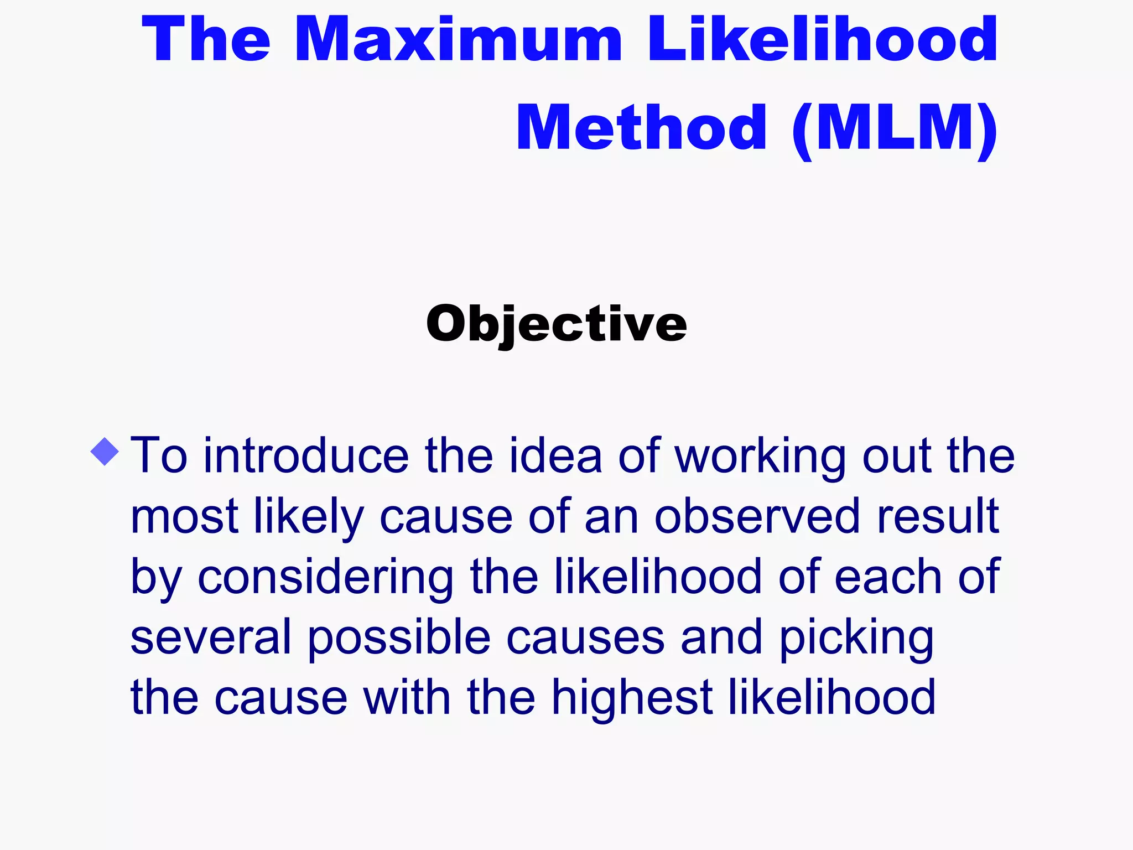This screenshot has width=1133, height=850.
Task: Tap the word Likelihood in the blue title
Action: (x=822, y=40)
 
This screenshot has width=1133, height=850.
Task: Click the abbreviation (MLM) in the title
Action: (x=895, y=128)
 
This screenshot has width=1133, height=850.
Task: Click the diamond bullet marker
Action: (x=105, y=452)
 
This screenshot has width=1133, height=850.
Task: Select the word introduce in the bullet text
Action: (x=306, y=456)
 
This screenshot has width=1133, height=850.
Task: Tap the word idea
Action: (x=555, y=456)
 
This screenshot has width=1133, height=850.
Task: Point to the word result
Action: (x=938, y=517)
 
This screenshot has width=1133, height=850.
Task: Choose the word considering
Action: (x=326, y=578)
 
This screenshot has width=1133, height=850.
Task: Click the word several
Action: (x=211, y=637)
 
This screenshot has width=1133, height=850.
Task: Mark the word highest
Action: (x=632, y=698)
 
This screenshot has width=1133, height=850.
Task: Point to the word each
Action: (x=887, y=577)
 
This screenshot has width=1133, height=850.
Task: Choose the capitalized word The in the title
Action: (x=206, y=40)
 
